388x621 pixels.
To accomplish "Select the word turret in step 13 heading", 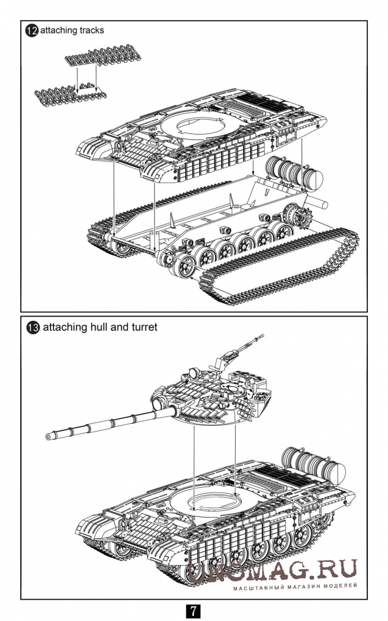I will coord(144,327).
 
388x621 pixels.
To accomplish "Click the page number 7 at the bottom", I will coord(193,610).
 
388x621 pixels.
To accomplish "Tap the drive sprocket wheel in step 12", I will coord(297,219).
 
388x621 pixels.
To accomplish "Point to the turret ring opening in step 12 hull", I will coord(196,127).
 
